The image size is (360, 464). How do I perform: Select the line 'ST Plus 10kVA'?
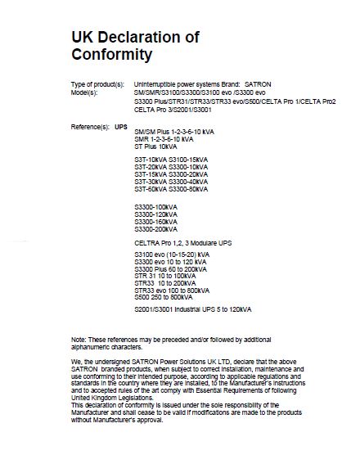[154, 145]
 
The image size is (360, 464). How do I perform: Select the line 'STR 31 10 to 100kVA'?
[163, 277]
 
